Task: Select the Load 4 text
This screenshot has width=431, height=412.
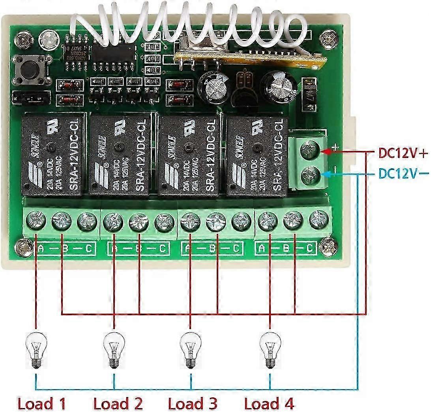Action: (x=269, y=403)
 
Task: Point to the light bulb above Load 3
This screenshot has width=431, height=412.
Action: (x=190, y=350)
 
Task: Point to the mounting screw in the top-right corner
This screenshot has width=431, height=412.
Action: (x=329, y=40)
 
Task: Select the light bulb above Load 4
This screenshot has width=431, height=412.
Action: (x=270, y=350)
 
